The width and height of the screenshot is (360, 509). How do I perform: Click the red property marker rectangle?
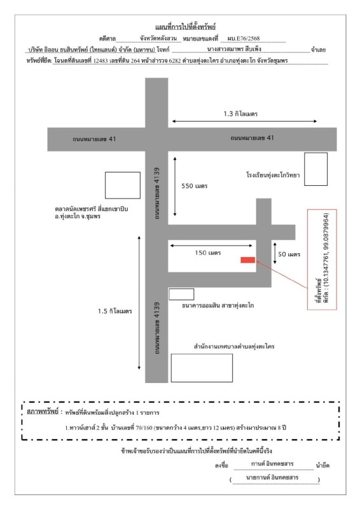[247, 260]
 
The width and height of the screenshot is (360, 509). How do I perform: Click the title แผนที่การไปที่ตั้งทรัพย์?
[185, 27]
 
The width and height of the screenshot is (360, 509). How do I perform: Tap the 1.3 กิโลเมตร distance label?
[240, 114]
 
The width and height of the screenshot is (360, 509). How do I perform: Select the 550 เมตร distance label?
[194, 186]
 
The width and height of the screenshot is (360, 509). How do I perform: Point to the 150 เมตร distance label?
[208, 253]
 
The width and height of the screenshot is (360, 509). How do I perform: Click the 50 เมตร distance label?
[289, 254]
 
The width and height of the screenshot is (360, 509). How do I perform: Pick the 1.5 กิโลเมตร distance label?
[115, 311]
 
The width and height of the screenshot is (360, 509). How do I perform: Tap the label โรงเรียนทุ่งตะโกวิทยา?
[273, 175]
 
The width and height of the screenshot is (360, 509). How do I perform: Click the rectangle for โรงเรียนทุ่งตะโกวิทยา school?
[315, 169]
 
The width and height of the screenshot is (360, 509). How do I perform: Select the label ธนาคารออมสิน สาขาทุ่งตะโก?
[218, 305]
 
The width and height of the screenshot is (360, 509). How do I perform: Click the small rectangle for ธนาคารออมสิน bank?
[181, 294]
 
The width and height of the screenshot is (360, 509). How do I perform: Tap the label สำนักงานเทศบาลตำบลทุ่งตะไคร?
[234, 346]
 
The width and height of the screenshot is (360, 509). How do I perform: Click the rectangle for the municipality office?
[202, 368]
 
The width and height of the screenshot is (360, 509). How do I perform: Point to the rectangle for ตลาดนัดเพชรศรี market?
[123, 185]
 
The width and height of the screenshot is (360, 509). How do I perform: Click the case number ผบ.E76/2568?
[244, 38]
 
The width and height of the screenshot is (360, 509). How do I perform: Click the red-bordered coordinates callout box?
[322, 260]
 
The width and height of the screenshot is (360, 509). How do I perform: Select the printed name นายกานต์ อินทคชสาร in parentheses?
[272, 478]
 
